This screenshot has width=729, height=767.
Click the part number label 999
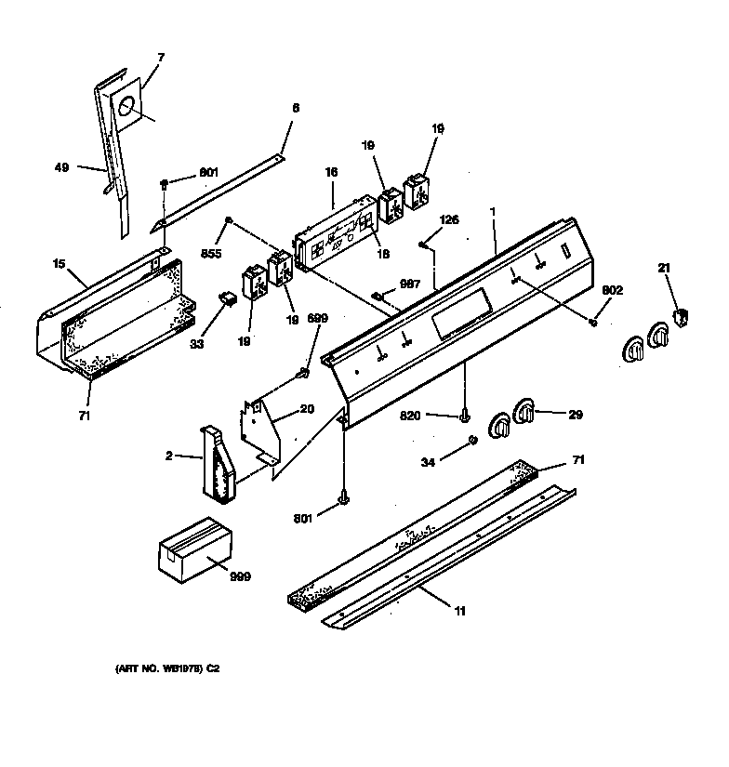point(240,576)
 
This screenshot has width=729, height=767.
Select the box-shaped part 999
point(195,550)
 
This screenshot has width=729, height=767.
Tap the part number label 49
point(61,167)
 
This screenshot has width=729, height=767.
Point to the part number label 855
point(211,254)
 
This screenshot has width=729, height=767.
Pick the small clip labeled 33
point(227,298)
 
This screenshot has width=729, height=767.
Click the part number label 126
point(449,219)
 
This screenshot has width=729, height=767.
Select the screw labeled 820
point(464,417)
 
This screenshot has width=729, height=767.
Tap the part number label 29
point(576,415)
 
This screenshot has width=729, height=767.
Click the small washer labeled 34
point(472,440)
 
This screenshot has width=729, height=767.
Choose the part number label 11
point(460,611)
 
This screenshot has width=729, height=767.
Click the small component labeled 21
point(681,317)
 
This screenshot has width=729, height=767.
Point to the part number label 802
point(612,290)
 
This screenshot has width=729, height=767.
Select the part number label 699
point(317,318)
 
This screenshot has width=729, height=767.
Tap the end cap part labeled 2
point(218,465)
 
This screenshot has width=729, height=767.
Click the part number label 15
point(59,264)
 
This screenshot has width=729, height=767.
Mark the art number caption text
point(167,668)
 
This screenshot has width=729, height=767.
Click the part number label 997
point(410,284)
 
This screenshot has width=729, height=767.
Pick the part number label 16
point(331,172)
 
